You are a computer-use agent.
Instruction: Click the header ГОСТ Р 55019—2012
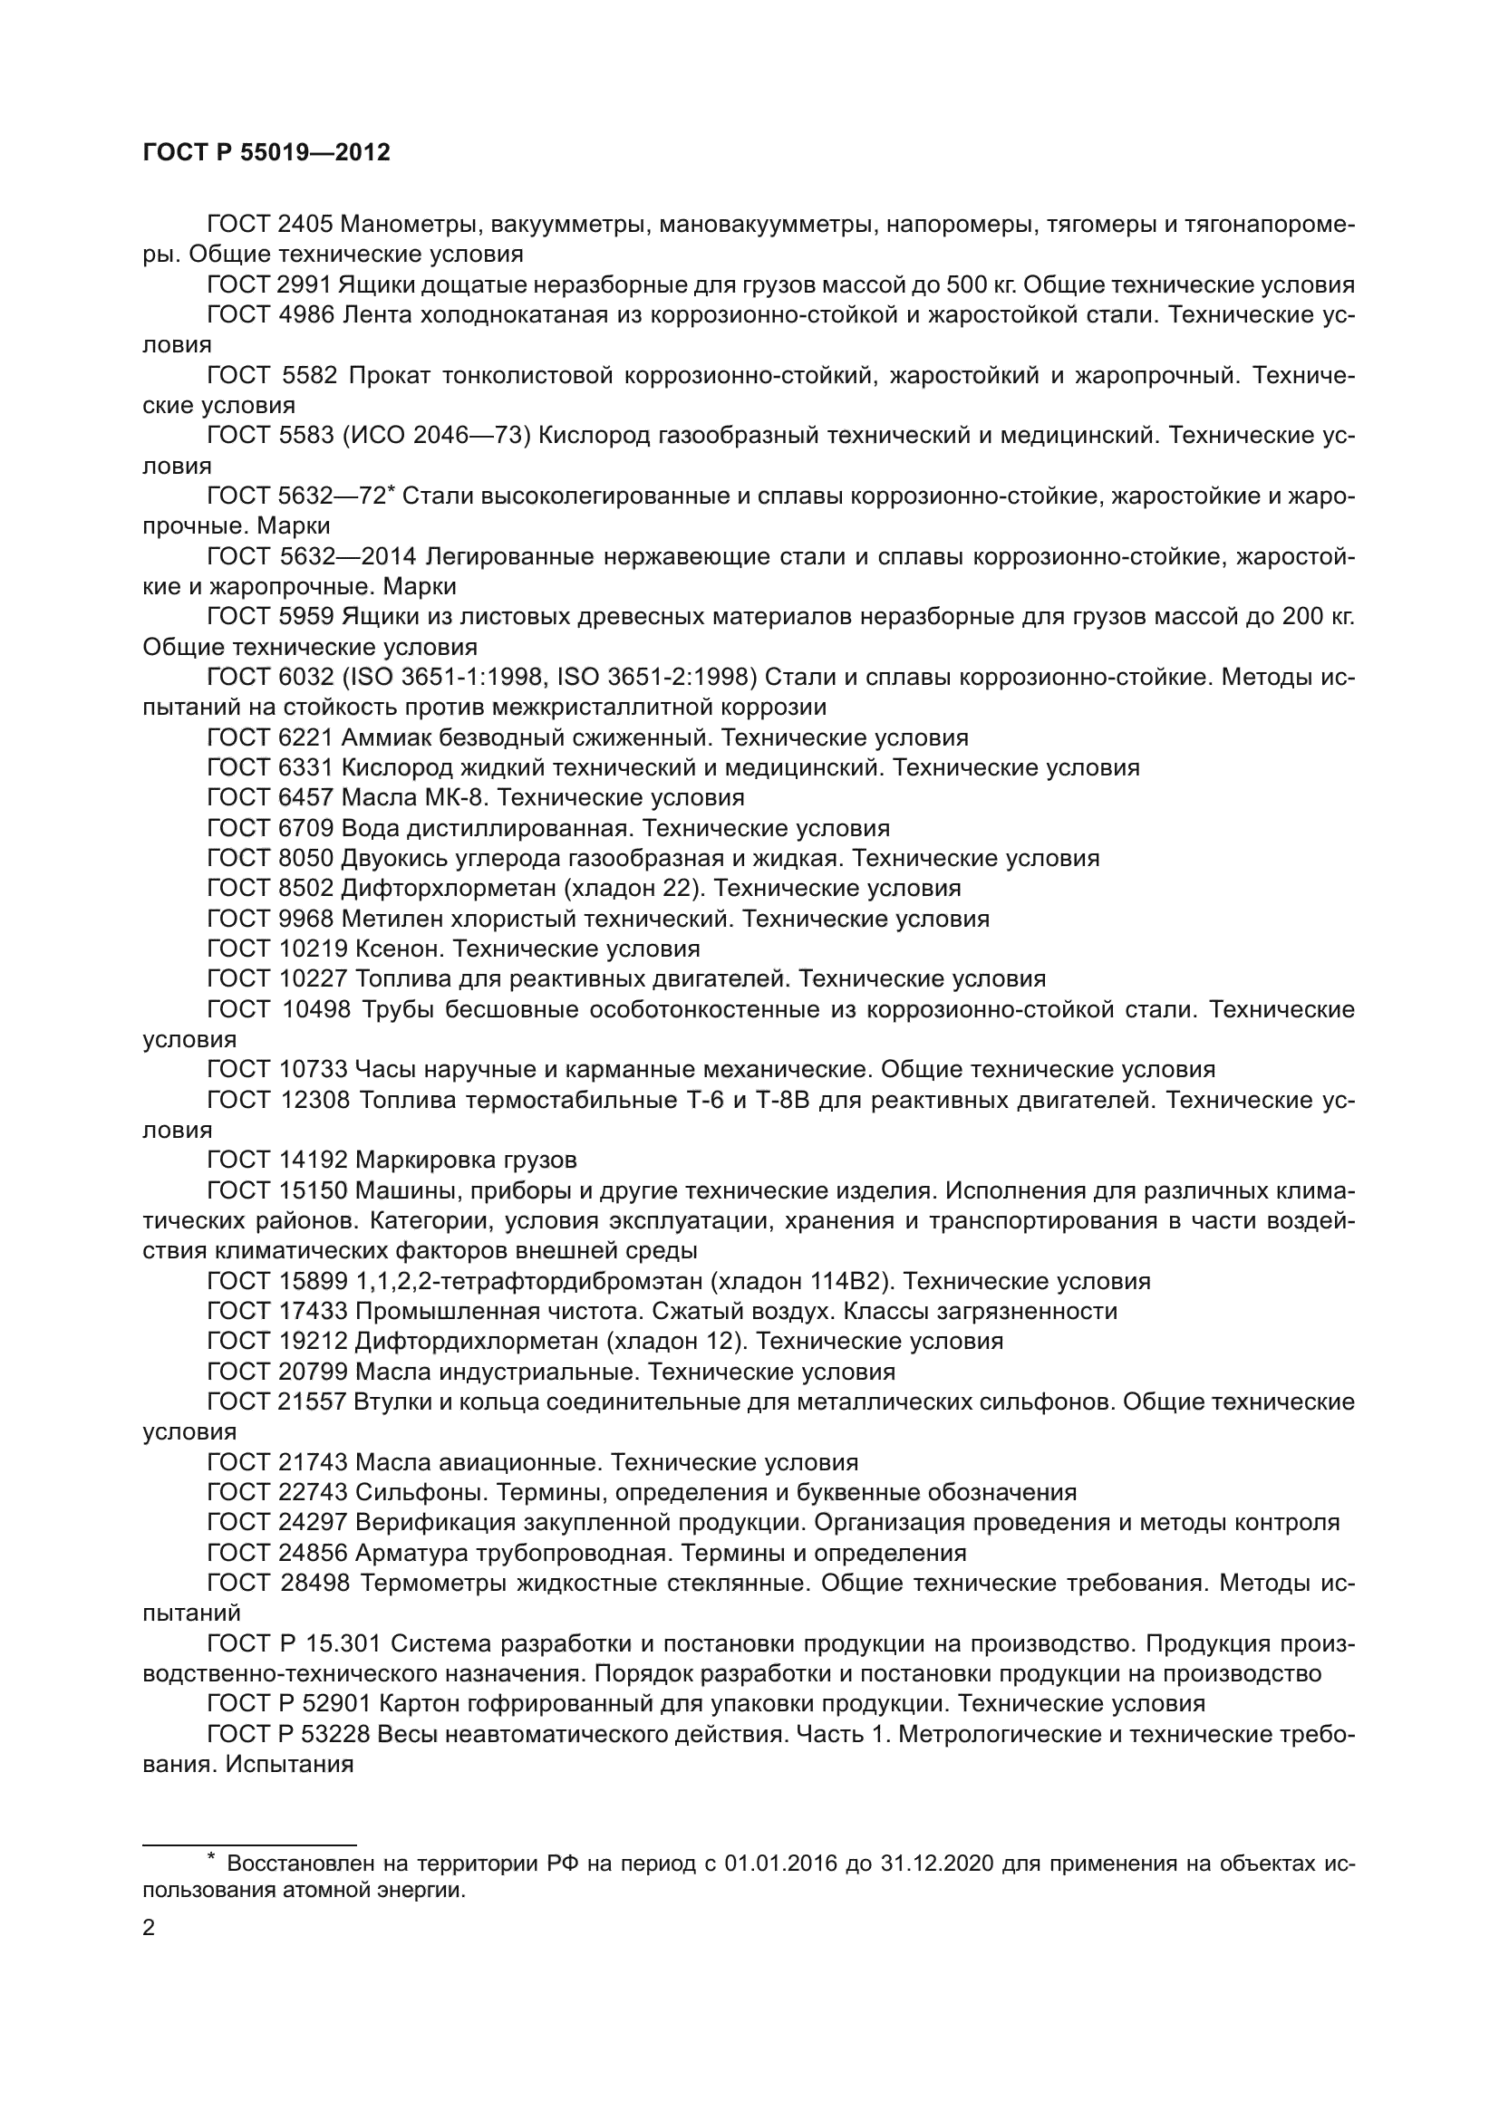266,153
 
